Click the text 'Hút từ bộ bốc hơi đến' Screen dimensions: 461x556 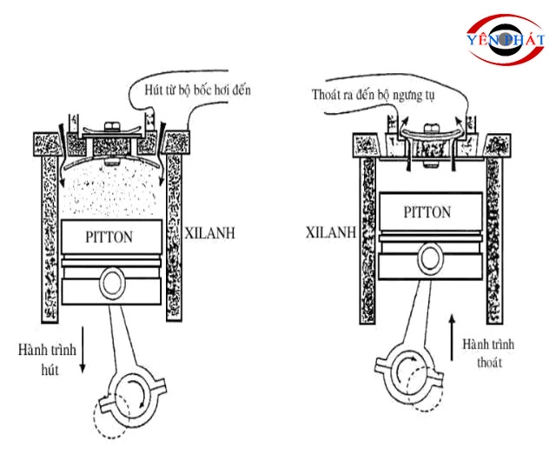[x=190, y=90]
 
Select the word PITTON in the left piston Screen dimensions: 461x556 [x=110, y=235]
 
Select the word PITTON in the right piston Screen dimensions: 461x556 [x=427, y=211]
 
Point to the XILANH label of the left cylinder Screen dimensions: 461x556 [x=209, y=233]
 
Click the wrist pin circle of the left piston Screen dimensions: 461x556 [x=111, y=284]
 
